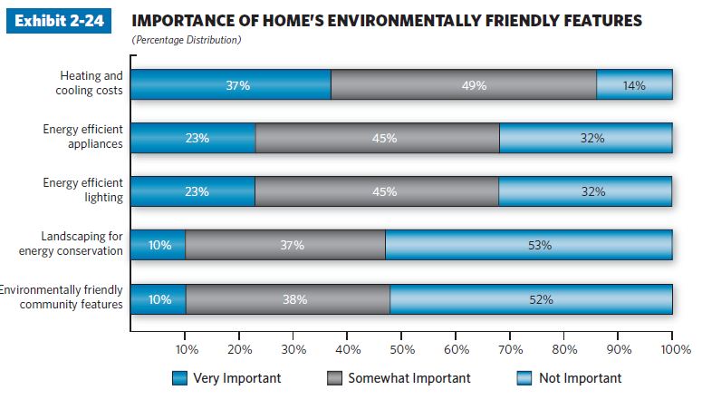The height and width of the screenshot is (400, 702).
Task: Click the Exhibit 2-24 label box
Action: (58, 21)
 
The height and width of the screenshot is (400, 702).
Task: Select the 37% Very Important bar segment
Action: (231, 85)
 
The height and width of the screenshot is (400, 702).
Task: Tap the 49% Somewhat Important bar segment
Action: (464, 85)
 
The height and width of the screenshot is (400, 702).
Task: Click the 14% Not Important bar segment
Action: (634, 85)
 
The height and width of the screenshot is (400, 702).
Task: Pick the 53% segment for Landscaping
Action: (539, 245)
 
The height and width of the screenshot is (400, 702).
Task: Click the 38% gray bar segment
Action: (288, 299)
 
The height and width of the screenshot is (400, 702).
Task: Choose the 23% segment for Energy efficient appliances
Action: (193, 139)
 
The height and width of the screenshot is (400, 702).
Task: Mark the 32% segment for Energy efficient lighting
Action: (585, 191)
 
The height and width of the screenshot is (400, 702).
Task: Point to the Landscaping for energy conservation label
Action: (82, 244)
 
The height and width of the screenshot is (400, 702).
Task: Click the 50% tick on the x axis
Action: (401, 349)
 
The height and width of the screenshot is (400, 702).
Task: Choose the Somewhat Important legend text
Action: (409, 378)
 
